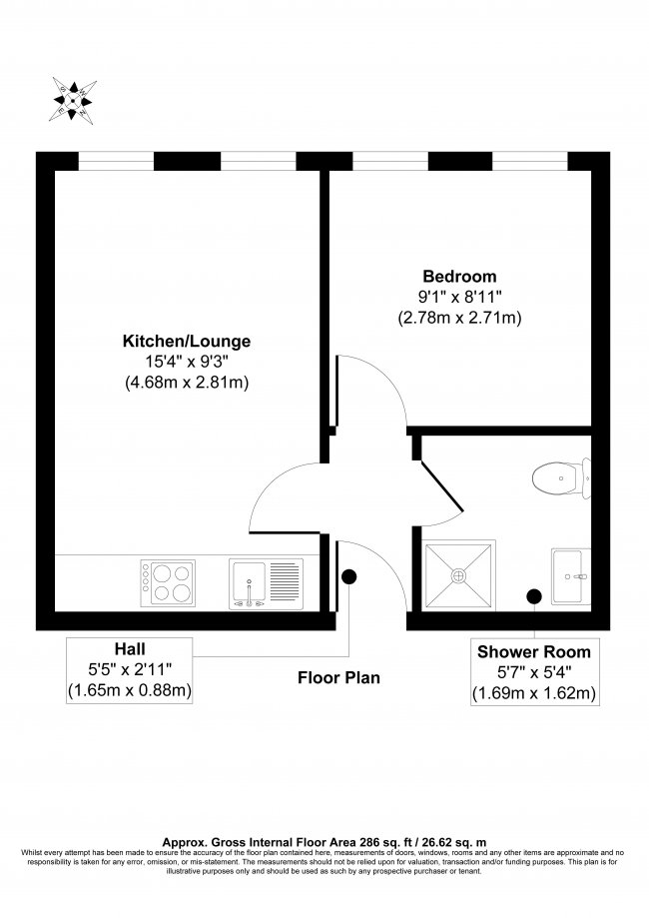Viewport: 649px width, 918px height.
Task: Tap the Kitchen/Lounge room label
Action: tap(186, 342)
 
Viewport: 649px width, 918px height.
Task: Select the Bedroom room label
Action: tap(458, 276)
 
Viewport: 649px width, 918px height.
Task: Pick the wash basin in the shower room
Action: tap(571, 575)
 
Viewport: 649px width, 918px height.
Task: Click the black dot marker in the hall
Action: tap(349, 576)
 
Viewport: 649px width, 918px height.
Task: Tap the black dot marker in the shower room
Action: tap(533, 596)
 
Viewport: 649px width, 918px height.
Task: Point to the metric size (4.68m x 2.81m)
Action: tap(186, 383)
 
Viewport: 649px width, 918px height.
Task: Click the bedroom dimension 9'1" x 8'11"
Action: tap(458, 297)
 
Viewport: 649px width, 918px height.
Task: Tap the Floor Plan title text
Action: tap(338, 677)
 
